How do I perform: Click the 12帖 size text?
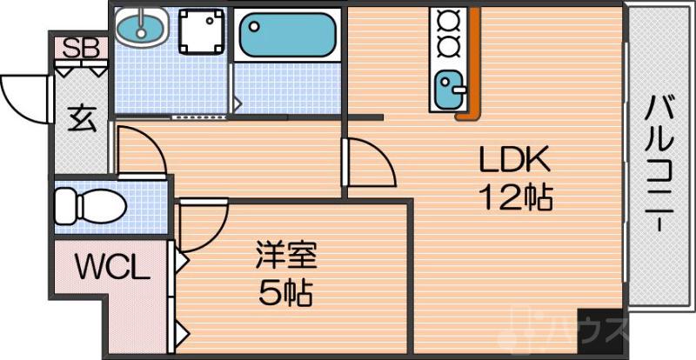[517, 199]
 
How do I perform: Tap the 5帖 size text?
[286, 293]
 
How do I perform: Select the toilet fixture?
[87, 206]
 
